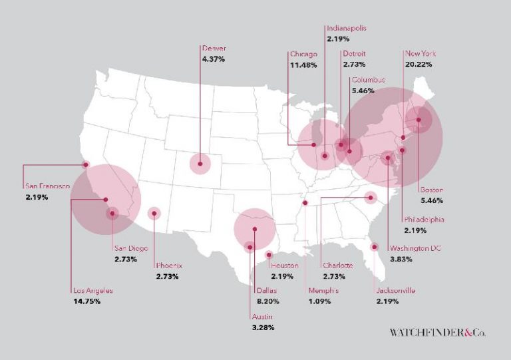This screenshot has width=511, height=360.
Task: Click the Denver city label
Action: (214, 48)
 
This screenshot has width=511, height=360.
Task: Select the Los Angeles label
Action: (93, 290)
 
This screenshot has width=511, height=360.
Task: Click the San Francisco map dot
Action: (85, 164)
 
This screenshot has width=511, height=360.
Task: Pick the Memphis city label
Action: (323, 291)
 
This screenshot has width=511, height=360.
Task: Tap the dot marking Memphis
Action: (305, 203)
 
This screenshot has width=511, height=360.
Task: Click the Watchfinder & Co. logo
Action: (437, 331)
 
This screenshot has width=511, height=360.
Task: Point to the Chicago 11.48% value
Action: (303, 65)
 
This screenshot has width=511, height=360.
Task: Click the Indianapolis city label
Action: (346, 29)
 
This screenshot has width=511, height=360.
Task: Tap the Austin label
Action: (262, 316)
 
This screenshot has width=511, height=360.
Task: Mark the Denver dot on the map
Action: (200, 163)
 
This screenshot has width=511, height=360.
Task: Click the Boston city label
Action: (432, 189)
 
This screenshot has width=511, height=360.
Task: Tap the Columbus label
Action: (369, 80)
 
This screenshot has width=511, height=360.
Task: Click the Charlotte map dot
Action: (371, 197)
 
